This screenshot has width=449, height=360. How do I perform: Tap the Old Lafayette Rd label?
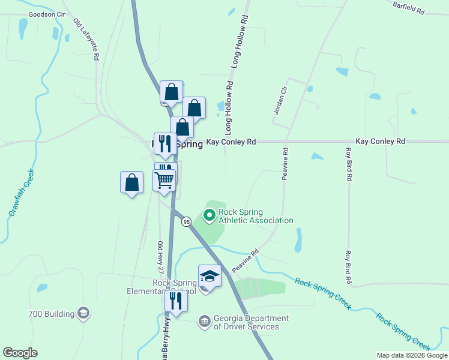pos(86,40)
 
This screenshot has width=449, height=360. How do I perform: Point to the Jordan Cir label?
pos(277,100)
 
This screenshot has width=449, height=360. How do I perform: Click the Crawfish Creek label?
pos(21,193)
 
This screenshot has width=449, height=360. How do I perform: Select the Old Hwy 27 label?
pos(160,256)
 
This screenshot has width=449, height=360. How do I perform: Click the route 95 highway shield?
pos(187,221)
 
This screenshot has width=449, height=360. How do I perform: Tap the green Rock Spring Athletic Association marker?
pos(209,214)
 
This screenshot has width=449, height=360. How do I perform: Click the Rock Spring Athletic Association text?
pos(256,216)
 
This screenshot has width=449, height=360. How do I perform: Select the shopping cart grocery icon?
pos(164,179)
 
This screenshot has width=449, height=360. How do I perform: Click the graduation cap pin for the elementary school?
pos(209,275)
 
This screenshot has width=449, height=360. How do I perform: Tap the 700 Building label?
pos(51,313)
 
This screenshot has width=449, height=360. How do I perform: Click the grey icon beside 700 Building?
pos(83,313)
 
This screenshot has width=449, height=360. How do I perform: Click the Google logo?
pos(20,353)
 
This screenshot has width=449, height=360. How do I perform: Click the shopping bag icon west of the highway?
pos(132,182)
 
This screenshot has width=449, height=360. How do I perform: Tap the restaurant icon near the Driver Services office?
pos(176,300)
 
